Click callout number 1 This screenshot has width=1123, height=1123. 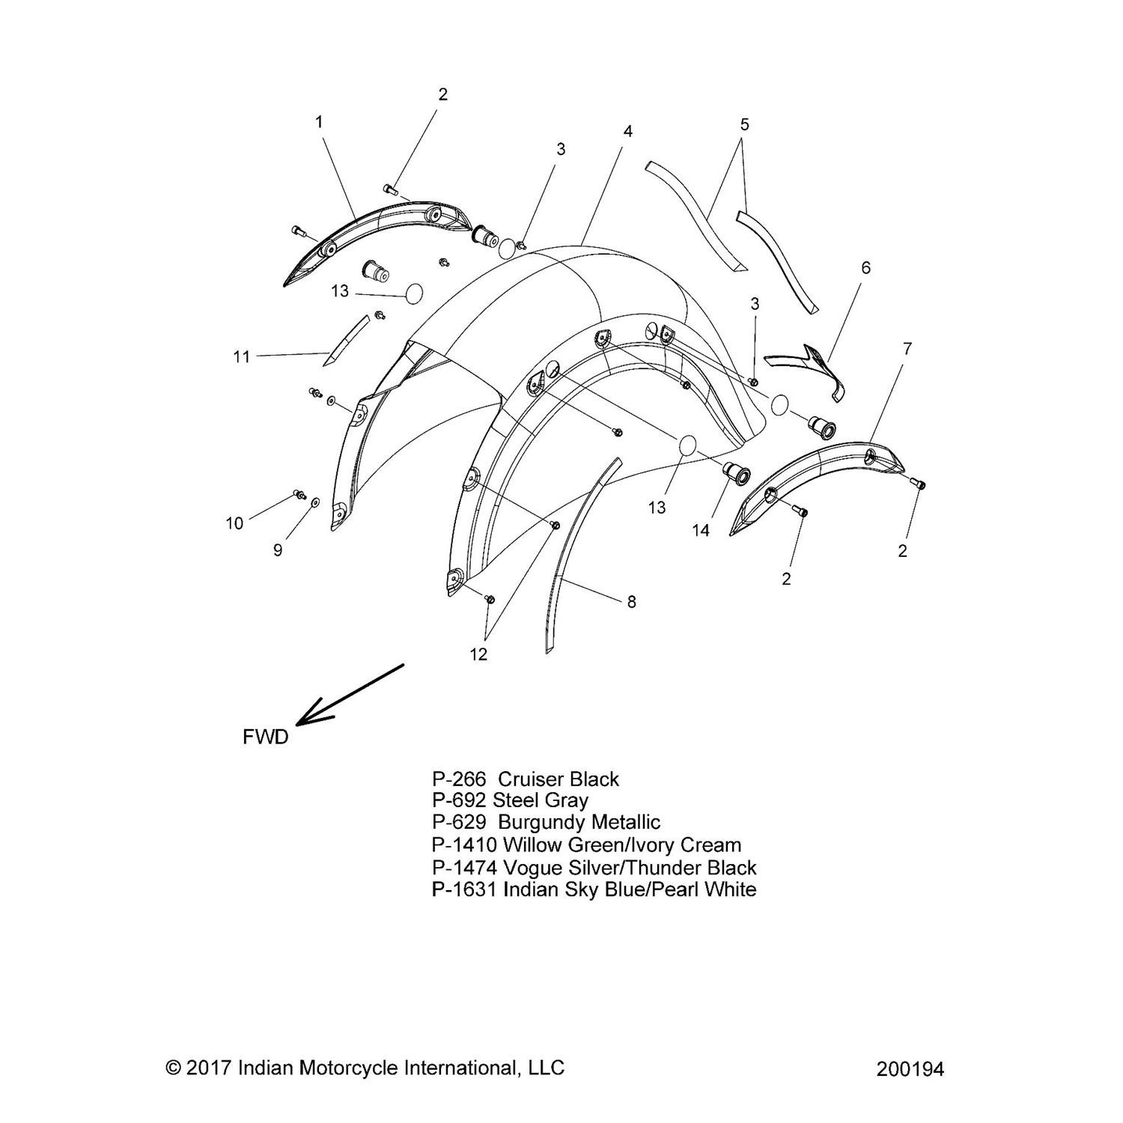[x=319, y=121]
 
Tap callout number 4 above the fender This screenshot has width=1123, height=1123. [x=627, y=131]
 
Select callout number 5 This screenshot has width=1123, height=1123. [x=743, y=124]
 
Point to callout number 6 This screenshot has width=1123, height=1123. [x=866, y=267]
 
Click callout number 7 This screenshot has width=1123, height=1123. [x=907, y=348]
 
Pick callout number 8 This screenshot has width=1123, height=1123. [x=631, y=601]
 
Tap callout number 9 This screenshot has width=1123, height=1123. [x=278, y=550]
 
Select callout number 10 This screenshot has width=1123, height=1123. [x=234, y=523]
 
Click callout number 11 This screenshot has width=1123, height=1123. [x=241, y=357]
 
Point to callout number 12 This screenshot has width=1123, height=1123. [x=478, y=654]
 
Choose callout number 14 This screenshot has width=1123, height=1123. [x=700, y=530]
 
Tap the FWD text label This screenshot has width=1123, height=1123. [x=266, y=737]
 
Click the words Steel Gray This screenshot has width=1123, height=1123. [x=540, y=800]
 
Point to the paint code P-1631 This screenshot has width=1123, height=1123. [x=464, y=889]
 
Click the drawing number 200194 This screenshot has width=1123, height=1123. [x=909, y=1069]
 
